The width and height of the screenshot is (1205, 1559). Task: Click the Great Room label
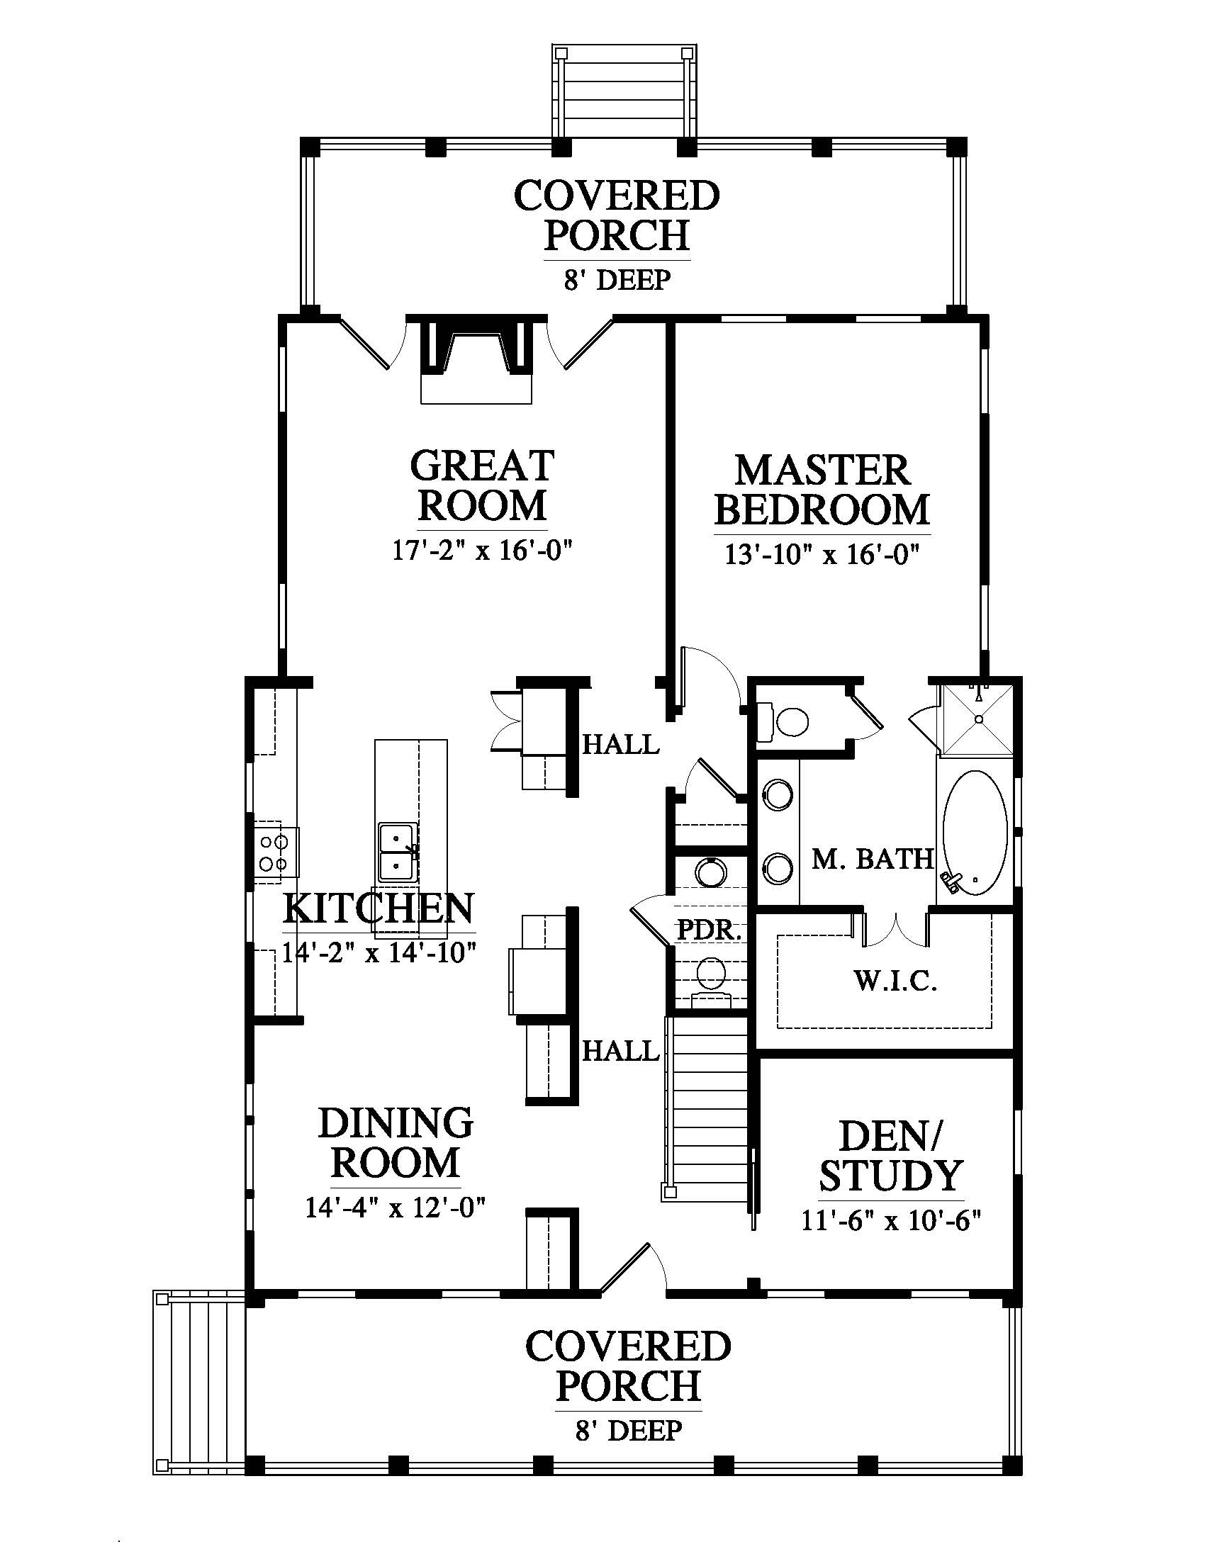[x=483, y=485]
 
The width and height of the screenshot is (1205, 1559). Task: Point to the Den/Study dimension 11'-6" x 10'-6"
[x=892, y=1220]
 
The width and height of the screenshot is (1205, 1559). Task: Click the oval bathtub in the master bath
[x=975, y=833]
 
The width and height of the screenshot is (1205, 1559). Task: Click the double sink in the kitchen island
[x=398, y=852]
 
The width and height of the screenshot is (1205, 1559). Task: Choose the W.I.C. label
[x=896, y=981]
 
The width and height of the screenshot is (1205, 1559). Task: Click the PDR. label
[x=710, y=930]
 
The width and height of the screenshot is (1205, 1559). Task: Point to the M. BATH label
[x=873, y=859]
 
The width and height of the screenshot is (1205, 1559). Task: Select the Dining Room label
[x=396, y=1143]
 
